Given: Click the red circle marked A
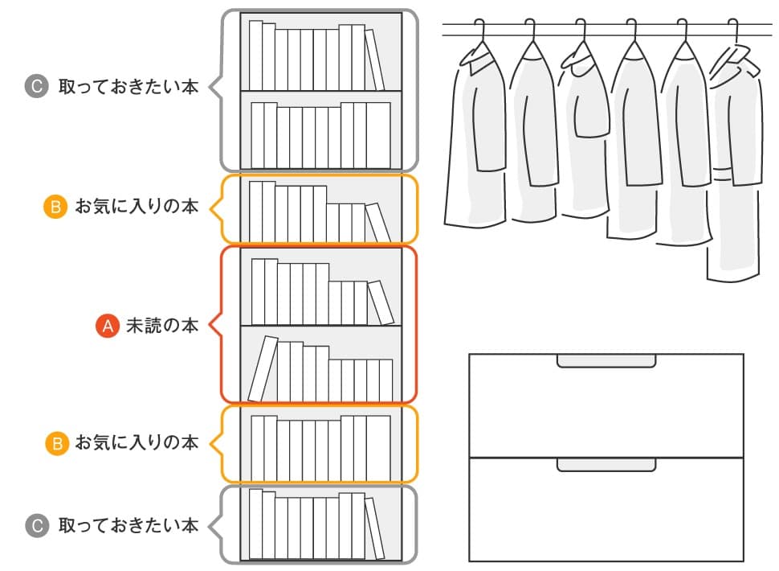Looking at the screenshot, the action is [108, 326].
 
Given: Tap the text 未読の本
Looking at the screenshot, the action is [162, 326].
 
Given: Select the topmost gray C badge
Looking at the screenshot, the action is [37, 86].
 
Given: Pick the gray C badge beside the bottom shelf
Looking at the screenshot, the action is [37, 526].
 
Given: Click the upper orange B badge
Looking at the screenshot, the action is [55, 206].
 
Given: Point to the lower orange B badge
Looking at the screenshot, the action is [57, 442].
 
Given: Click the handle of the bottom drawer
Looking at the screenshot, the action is [606, 465].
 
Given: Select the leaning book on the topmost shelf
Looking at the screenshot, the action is [374, 60].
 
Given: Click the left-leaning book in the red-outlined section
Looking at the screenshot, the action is [263, 368].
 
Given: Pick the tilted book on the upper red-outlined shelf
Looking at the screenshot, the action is [381, 302].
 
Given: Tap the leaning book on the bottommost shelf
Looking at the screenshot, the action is [374, 528].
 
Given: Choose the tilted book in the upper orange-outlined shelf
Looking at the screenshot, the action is [378, 222].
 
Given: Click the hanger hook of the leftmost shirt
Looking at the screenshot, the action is [479, 31].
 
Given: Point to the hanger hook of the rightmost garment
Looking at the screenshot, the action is [733, 31].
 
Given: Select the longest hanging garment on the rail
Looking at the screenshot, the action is [735, 164].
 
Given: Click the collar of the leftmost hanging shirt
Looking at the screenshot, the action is [475, 61].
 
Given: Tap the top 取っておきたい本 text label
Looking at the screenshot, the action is [128, 87].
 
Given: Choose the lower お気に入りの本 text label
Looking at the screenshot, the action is [137, 442].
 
